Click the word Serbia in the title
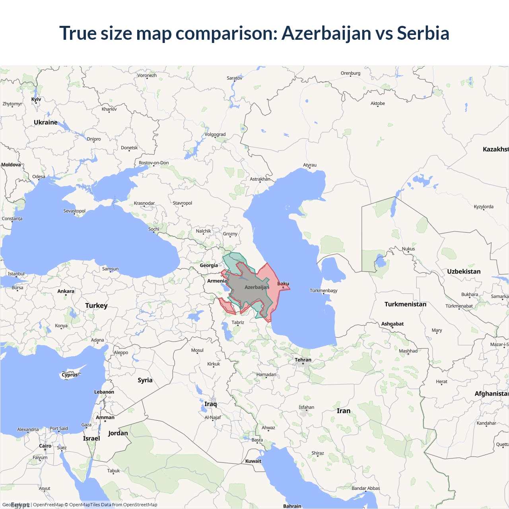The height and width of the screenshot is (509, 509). click(x=423, y=33)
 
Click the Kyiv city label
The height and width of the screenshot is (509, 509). click(x=36, y=99)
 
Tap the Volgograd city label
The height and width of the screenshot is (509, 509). click(x=215, y=134)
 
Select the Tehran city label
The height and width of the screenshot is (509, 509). click(x=303, y=360)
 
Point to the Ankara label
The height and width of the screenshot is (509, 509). click(x=66, y=291)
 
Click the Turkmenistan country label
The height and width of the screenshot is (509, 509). click(x=405, y=304)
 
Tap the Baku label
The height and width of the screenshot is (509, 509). click(x=283, y=284)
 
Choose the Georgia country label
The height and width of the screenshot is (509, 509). click(x=209, y=266)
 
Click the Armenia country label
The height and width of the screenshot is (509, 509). click(x=217, y=281)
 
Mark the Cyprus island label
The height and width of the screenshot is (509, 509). click(x=70, y=375)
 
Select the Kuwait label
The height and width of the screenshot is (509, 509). click(x=253, y=461)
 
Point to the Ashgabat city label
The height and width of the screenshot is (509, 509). click(x=392, y=324)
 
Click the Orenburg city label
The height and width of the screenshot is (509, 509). click(x=350, y=73)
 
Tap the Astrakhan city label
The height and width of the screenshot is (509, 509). click(x=260, y=179)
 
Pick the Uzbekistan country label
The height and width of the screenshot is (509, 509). click(x=464, y=272)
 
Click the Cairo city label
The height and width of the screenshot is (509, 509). click(x=45, y=446)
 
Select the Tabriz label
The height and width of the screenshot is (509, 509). click(x=238, y=322)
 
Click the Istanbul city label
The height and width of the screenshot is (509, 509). click(x=16, y=274)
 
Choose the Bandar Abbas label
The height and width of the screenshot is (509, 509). click(x=366, y=488)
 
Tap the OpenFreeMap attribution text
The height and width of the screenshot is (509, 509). click(x=48, y=505)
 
